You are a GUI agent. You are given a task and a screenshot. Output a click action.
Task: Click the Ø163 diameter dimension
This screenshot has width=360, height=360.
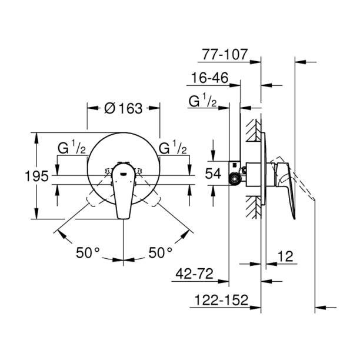124,109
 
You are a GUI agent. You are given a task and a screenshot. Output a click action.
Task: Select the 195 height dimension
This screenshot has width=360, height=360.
21,176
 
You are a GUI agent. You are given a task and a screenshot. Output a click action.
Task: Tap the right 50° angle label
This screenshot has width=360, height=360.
160,252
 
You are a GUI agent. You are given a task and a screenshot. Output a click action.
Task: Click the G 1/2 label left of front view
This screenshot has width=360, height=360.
72,148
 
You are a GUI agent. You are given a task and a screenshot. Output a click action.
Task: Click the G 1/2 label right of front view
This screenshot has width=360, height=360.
174,148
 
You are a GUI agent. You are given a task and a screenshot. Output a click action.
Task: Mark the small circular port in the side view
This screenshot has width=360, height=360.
236,181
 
